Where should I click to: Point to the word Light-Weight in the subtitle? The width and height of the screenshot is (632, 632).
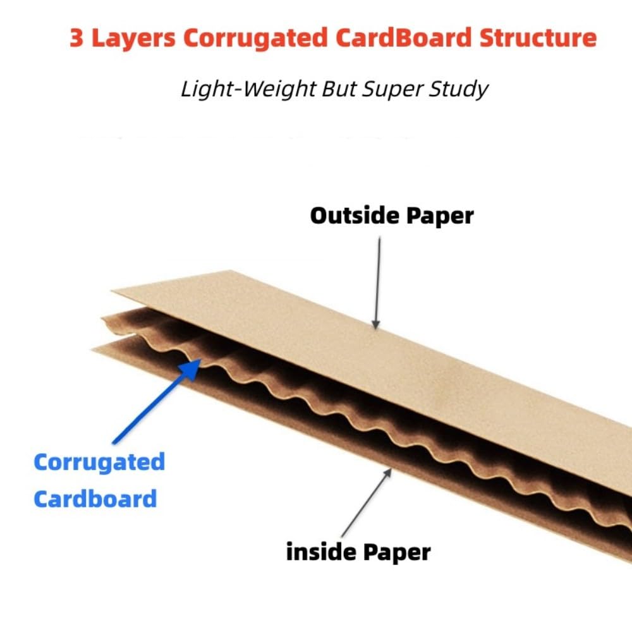(x=245, y=89)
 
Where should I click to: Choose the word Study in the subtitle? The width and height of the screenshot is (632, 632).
(x=457, y=89)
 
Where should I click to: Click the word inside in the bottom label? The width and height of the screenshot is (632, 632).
(x=320, y=552)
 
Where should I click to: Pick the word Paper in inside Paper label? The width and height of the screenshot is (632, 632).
(x=396, y=552)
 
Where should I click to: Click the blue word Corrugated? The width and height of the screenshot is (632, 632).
(x=99, y=462)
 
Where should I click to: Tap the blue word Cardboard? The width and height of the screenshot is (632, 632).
(x=95, y=499)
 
